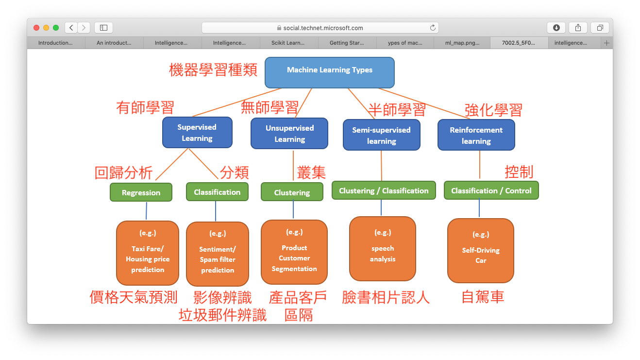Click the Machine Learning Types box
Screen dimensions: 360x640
point(329,72)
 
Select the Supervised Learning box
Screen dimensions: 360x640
point(197,133)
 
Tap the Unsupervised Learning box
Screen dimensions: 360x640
point(289,134)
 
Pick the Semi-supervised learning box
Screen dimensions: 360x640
point(381,136)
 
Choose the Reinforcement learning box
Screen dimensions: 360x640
point(476,136)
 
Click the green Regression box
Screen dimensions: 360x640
point(141,192)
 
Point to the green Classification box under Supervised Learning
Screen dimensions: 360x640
point(217,192)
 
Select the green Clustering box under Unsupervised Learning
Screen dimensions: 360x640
point(292,192)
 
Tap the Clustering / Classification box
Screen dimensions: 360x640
point(384,190)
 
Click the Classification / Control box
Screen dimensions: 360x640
point(491,190)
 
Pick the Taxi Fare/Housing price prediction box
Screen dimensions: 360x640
point(148,253)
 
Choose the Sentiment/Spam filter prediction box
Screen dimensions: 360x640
point(218,254)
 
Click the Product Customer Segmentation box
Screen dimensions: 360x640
point(294,252)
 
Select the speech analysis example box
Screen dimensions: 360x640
point(383,249)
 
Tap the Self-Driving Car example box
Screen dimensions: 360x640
point(480,251)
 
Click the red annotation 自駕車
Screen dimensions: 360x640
point(483,297)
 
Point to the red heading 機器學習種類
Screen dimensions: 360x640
point(213,70)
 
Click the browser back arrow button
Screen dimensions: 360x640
point(71,28)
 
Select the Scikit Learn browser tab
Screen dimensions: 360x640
point(288,43)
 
